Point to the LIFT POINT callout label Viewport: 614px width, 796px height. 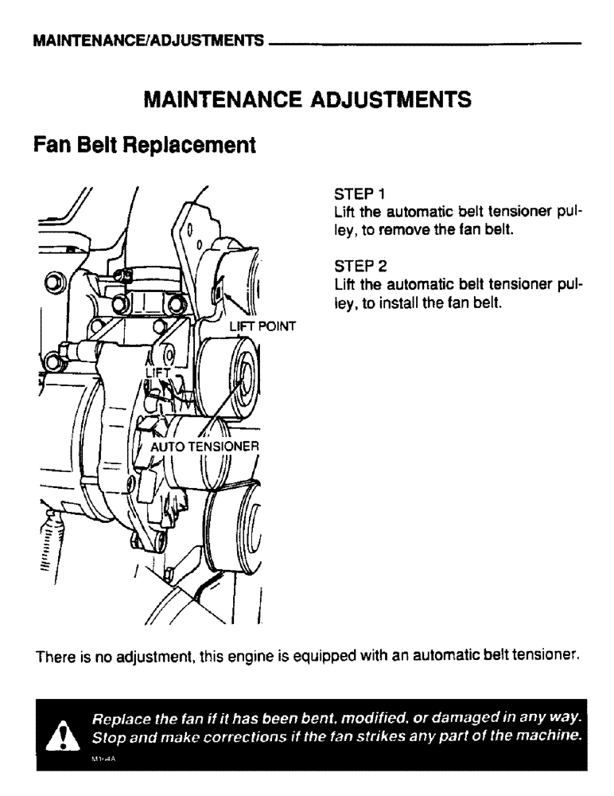click(x=262, y=326)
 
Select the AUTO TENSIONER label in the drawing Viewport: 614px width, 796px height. click(x=204, y=447)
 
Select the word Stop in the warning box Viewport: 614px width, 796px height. click(x=107, y=739)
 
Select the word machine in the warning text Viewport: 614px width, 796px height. click(x=552, y=739)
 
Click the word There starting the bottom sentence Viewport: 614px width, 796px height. click(x=53, y=657)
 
